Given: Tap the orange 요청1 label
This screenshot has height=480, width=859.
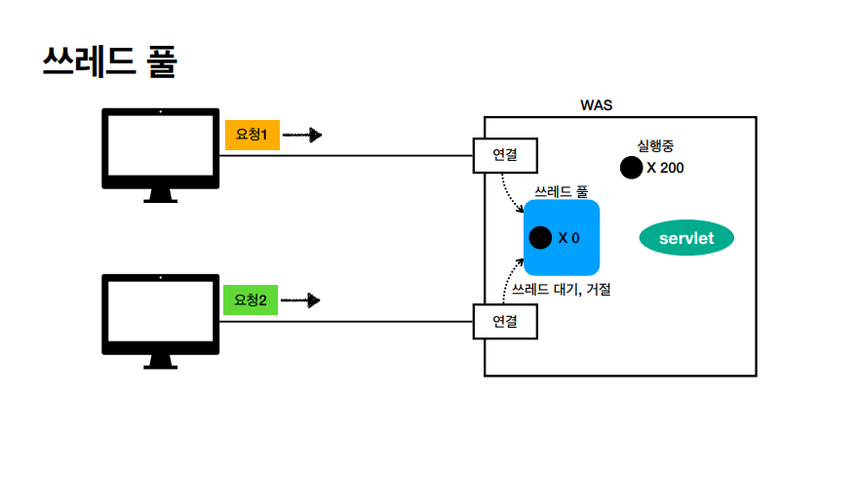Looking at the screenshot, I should coord(253,135).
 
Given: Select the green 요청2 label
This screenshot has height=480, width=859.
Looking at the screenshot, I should coord(253,300).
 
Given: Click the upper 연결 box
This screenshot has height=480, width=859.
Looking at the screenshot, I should coord(504,155).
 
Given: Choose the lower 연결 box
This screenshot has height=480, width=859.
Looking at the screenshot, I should coord(504,320).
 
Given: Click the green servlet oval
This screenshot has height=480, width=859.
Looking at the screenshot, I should coord(686,238).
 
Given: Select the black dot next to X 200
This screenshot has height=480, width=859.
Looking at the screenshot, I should coord(631,168).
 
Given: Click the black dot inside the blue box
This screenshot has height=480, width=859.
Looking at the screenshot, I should coord(540,237).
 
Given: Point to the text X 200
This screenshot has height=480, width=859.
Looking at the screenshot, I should coord(665,168).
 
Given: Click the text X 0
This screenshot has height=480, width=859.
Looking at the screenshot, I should coord(569,237).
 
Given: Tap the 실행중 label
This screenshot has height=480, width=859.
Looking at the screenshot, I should coord(655,146).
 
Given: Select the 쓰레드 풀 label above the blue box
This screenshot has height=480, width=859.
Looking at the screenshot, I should coord(561,191).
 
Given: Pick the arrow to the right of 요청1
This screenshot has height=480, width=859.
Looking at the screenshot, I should coord(301,135).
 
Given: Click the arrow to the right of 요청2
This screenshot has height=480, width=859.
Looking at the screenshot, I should coord(301,300).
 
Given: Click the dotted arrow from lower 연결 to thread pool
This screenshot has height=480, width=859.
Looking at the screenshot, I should coord(509,278).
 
